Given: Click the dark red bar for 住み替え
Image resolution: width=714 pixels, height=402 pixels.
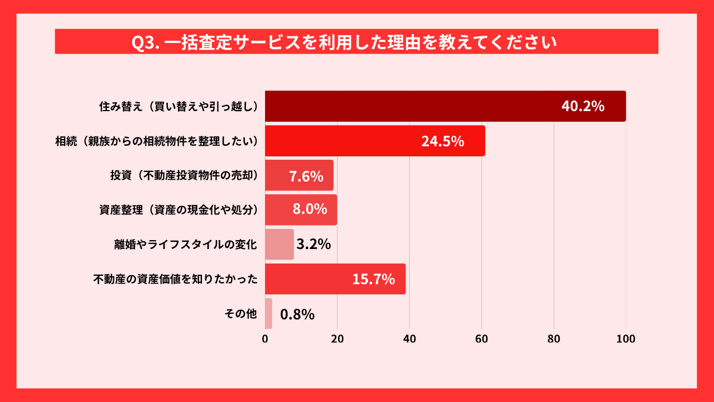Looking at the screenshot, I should [413, 106].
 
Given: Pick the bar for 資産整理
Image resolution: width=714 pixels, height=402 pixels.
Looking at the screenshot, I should [279, 210].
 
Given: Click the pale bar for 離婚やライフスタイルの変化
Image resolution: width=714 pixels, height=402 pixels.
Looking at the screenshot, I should [279, 245].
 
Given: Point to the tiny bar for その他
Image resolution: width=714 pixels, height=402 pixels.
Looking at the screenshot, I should [268, 314].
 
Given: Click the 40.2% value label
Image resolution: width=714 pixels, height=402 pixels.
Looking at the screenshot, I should [582, 107].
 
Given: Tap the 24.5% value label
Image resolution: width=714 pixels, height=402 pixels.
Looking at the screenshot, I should [442, 141].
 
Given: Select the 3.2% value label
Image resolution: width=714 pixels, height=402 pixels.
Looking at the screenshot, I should [313, 245].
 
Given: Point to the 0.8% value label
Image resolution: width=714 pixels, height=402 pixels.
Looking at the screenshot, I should [297, 314].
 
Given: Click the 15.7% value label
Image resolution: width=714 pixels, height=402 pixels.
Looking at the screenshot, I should [373, 279].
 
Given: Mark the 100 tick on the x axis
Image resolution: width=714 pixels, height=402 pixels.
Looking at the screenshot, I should [626, 339].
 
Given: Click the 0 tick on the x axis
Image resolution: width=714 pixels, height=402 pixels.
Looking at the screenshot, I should [265, 339].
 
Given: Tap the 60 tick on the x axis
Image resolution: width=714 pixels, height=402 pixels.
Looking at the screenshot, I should [481, 339].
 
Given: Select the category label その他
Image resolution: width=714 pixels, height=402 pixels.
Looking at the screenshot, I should [240, 314].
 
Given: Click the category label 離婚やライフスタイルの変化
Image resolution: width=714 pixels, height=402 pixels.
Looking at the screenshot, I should [185, 245].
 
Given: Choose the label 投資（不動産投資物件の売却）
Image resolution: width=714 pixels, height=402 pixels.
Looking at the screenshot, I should [184, 175].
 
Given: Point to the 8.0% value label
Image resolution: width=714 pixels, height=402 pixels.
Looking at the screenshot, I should [310, 210].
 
